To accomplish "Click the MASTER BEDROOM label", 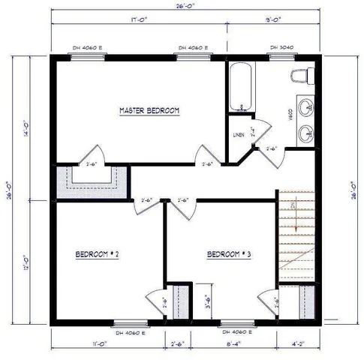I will coord(150,111).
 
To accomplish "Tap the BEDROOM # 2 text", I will coord(98,254).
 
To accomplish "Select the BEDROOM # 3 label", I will coord(228,254).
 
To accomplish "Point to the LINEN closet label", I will coord(239,136).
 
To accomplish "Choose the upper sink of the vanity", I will coord(306,107).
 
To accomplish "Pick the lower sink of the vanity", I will coord(306,133).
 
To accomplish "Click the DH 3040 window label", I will coord(281,47).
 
